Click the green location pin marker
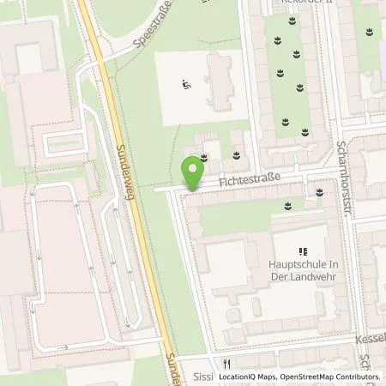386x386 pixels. pyautogui.click(x=192, y=174)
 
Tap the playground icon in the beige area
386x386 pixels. pyautogui.click(x=186, y=84)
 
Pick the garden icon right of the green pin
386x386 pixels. pyautogui.click(x=237, y=155)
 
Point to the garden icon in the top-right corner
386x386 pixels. pyautogui.click(x=368, y=33)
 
